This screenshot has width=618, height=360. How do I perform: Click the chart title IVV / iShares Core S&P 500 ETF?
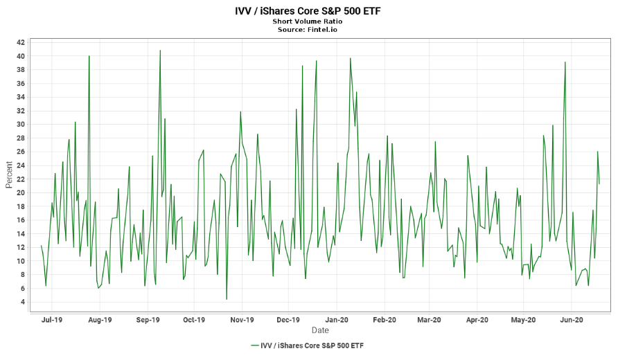[x=308, y=11]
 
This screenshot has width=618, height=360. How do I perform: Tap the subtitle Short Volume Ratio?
[x=308, y=21]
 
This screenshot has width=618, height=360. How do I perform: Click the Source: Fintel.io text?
[x=308, y=30]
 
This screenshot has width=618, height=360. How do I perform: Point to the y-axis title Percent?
[x=9, y=175]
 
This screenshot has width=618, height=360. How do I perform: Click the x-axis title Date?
[x=320, y=330]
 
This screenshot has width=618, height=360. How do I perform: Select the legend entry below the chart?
[x=308, y=345]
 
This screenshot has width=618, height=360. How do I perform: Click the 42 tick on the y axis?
[x=20, y=43]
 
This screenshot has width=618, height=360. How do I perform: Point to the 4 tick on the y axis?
[x=22, y=302]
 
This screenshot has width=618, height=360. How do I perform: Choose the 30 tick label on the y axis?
[x=20, y=125]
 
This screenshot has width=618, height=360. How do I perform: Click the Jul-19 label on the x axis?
[x=52, y=320]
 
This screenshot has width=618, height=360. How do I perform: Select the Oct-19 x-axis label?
[x=195, y=320]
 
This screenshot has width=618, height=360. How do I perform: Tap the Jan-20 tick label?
[x=337, y=320]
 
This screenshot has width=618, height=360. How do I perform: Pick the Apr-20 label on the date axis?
[x=477, y=320]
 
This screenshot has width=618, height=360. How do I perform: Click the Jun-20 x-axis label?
[x=571, y=320]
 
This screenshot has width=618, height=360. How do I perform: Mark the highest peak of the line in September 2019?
[x=160, y=51]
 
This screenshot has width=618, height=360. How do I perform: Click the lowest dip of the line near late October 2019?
[x=227, y=299]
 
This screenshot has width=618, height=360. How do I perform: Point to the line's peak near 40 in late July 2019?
[x=89, y=56]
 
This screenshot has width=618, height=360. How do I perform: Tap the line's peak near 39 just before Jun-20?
[x=565, y=62]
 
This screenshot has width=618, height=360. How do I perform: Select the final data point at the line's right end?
[x=599, y=184]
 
